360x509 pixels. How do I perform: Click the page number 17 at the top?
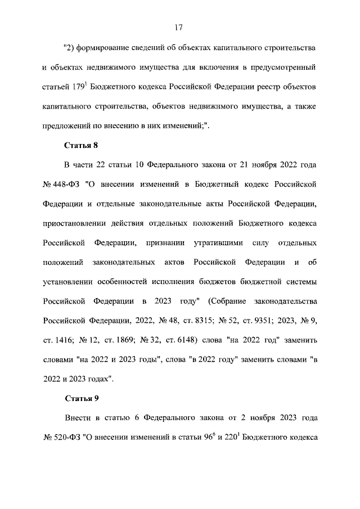pyautogui.click(x=179, y=27)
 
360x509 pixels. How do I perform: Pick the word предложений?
pyautogui.click(x=65, y=125)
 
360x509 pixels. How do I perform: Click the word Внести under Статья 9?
pyautogui.click(x=77, y=418)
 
